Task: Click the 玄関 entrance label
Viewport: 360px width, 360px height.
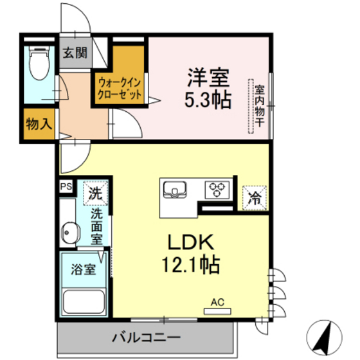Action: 75,53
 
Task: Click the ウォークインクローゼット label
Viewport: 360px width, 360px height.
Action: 120,87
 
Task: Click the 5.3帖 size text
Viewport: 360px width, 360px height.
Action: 208,100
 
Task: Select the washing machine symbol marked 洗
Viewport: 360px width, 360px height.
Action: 94,192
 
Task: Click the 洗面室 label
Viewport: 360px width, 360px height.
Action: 96,225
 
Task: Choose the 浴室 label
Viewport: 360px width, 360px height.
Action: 84,269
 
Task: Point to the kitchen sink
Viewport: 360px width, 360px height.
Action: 174,189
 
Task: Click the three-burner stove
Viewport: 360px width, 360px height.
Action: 217,189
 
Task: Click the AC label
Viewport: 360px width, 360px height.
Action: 217,301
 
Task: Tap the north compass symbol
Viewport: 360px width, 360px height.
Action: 328,335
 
